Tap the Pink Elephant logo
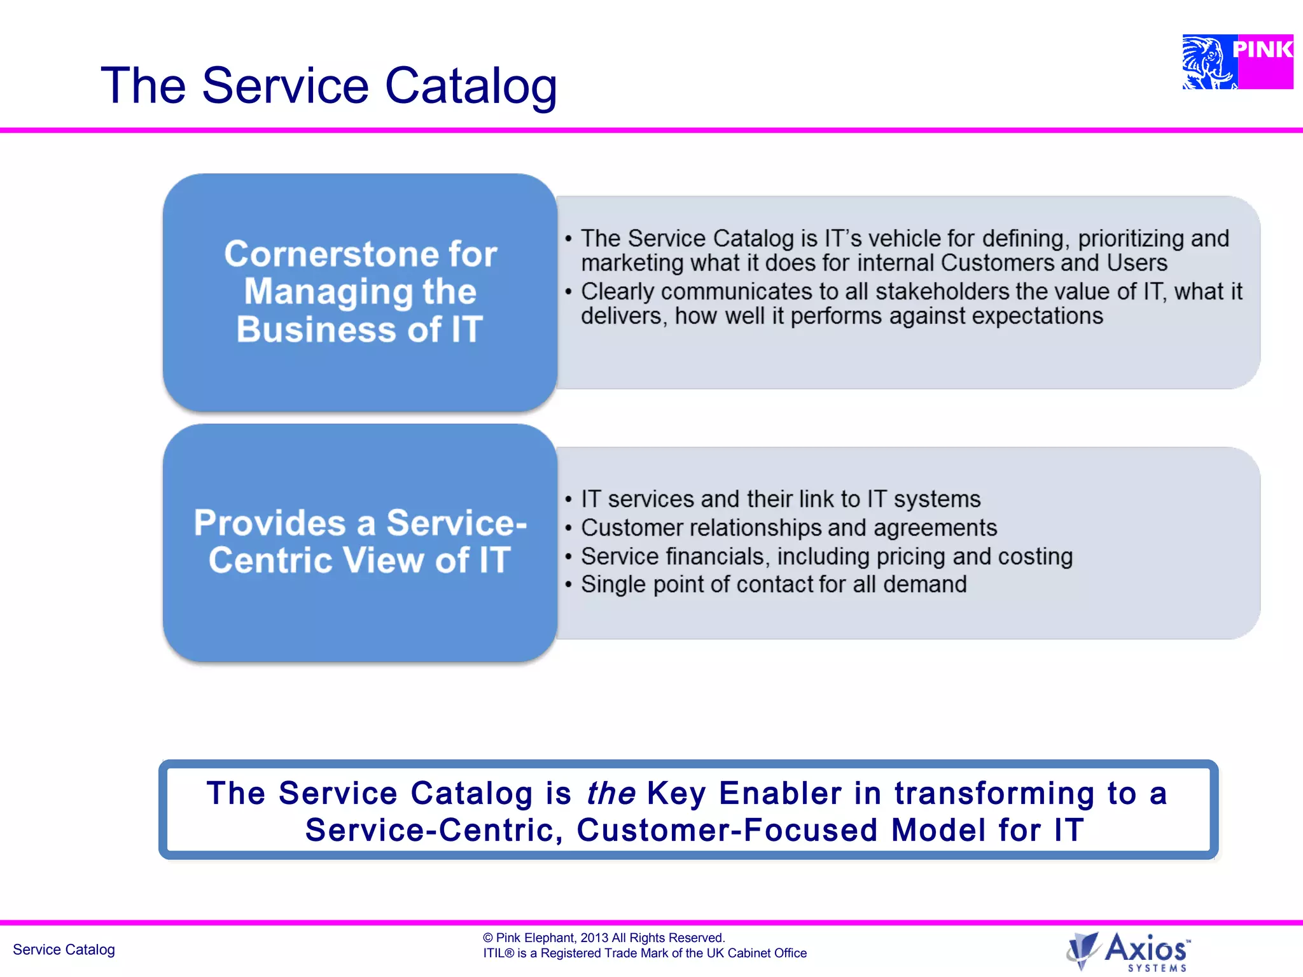pos(1237,62)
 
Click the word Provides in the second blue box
pos(269,523)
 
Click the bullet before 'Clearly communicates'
pos(569,292)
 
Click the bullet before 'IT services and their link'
pos(569,500)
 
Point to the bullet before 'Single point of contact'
pos(569,585)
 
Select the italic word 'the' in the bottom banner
pos(611,793)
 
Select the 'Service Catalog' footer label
pos(64,950)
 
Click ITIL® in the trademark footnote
pos(498,953)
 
